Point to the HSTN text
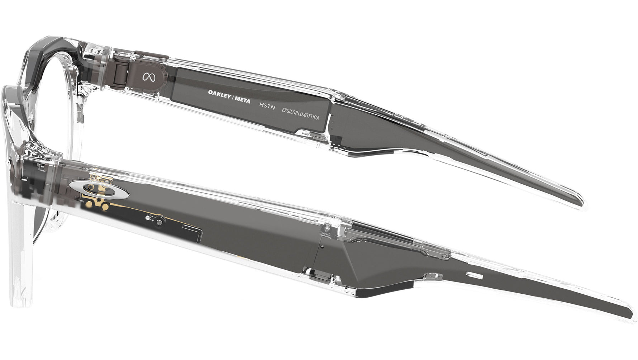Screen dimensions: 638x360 click(267, 106)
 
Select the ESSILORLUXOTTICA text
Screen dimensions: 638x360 click(300, 114)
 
